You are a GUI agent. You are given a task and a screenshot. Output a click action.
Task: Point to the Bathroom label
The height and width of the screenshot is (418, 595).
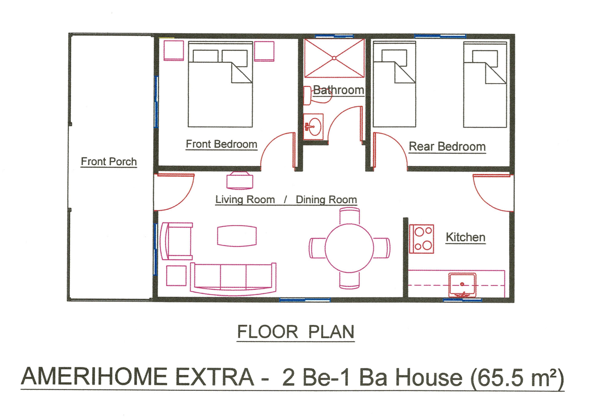click(x=338, y=90)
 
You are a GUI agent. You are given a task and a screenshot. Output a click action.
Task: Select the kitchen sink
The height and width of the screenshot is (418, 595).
click(x=462, y=285)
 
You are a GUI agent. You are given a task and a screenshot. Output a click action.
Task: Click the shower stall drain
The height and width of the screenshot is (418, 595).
click(x=334, y=58)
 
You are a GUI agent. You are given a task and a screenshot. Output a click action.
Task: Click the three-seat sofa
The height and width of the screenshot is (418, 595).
click(x=233, y=279)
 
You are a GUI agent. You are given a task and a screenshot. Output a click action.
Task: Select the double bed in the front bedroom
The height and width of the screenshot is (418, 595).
click(x=220, y=84)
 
